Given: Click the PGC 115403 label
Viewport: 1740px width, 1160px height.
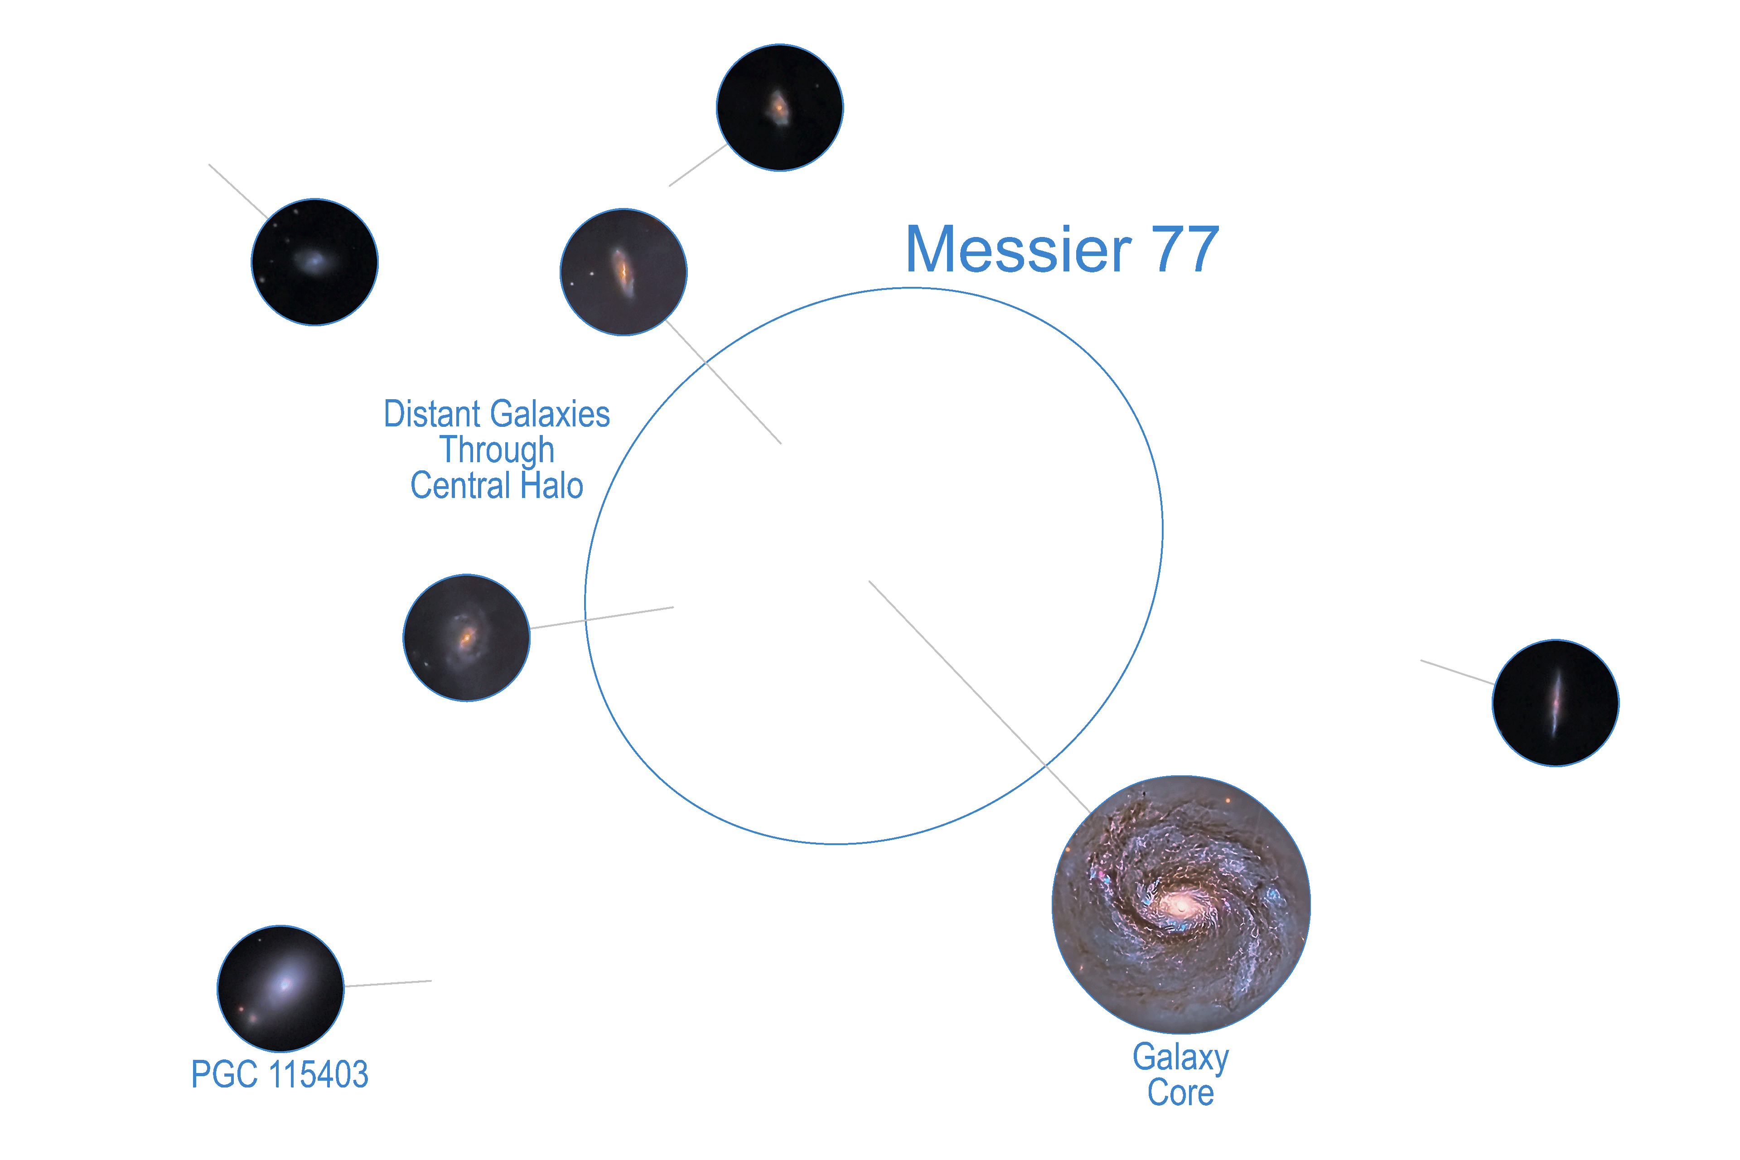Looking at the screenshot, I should click(x=280, y=1074).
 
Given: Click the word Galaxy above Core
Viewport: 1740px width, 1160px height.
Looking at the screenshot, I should click(x=1181, y=1058).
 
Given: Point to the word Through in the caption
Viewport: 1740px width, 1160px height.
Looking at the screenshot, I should click(x=497, y=450).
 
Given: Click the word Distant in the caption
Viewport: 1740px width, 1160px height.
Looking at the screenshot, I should click(x=422, y=414).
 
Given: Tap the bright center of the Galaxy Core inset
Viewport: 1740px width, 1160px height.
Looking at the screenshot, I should click(x=1179, y=904).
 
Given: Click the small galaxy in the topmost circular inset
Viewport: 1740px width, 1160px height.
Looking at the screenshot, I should click(x=778, y=108).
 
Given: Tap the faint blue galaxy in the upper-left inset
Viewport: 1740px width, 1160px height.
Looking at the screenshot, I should click(x=313, y=261).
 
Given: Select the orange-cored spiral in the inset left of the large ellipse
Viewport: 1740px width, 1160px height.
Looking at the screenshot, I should click(x=467, y=635).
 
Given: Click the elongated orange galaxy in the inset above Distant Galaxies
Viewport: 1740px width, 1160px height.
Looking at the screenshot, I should click(x=623, y=271).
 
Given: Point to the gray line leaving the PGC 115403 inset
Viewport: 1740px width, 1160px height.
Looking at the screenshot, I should click(x=388, y=984).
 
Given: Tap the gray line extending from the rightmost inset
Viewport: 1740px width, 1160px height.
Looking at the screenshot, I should click(x=1456, y=672).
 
